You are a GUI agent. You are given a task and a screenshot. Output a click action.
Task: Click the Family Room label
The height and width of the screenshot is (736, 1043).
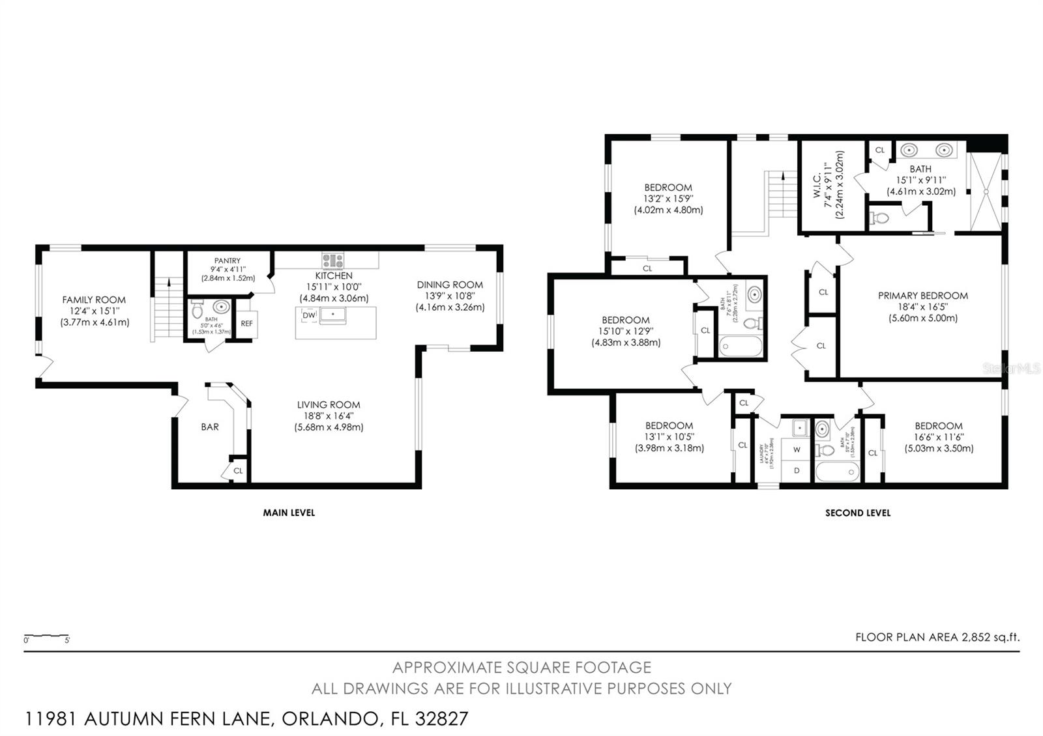(94, 300)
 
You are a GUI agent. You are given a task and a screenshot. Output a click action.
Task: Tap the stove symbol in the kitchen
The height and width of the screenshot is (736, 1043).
(332, 261)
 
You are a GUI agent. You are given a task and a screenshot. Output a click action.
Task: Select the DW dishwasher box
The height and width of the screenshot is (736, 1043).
(309, 315)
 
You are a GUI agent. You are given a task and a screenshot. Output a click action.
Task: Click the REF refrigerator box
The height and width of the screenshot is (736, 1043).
(246, 324)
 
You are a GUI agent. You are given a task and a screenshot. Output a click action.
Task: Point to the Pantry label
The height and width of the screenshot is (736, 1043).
(228, 261)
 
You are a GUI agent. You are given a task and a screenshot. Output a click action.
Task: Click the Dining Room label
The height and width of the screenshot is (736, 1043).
(450, 285)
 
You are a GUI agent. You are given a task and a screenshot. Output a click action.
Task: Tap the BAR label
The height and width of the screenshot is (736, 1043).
(210, 427)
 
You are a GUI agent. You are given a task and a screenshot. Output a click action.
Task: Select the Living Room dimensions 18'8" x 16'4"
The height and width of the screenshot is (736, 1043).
(329, 416)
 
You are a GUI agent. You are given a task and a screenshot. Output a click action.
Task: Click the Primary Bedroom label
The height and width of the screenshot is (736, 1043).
(922, 296)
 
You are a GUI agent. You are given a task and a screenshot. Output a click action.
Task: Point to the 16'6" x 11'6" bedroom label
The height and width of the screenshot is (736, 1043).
(938, 437)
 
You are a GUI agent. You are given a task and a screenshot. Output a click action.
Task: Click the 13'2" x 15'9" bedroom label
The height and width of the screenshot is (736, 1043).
(668, 199)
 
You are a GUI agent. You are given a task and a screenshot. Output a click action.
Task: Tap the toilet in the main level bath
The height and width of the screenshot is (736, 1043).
(198, 312)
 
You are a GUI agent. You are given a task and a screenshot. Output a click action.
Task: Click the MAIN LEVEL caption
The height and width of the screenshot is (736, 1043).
(289, 513)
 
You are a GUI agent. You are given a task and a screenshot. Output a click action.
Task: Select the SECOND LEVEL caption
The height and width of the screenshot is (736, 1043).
(857, 513)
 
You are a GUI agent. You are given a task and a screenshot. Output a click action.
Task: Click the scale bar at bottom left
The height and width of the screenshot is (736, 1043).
(46, 635)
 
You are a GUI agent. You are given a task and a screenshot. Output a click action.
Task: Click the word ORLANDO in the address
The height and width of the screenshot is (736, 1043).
(329, 719)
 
